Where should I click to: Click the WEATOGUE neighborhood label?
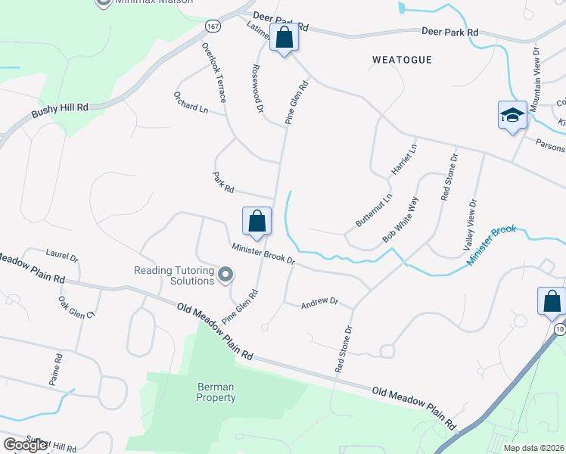point(401,59)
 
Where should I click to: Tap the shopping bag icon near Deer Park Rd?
point(285,39)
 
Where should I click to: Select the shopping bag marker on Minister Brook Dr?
point(257,221)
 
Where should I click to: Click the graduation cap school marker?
point(512,115)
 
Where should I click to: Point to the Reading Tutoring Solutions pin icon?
point(225,275)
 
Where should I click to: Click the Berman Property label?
point(216,392)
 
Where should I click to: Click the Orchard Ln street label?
point(191,101)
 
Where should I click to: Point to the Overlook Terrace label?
point(213,73)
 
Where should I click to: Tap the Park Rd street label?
point(223,182)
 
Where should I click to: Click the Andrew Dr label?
point(319,301)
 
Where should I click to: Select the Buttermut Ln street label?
point(375,211)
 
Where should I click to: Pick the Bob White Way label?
point(400,220)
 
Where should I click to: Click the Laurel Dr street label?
point(62,257)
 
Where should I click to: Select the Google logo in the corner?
point(26,444)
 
